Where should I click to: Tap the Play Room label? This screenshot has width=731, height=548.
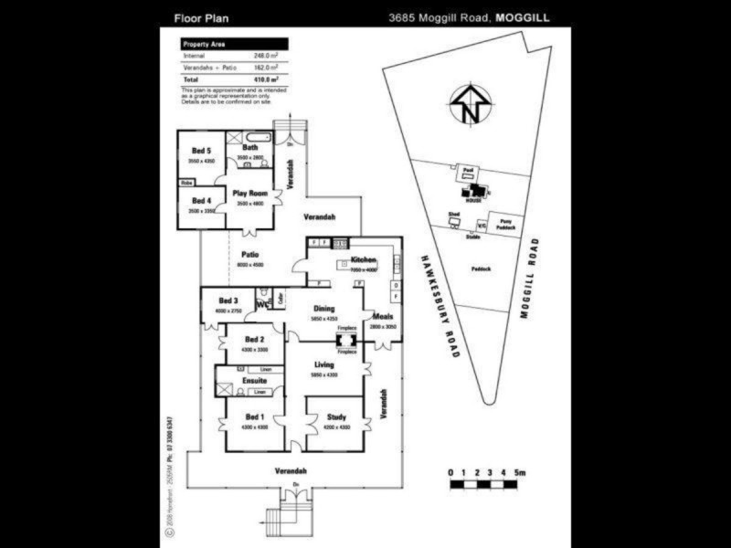coord(249,193)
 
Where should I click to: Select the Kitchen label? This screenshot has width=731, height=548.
coord(364,260)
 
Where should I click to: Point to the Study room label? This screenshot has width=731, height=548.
coord(336,417)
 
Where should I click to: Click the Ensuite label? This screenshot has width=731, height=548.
coord(255,380)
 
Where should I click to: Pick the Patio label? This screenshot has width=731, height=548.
coord(249,255)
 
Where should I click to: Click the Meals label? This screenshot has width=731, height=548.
coord(382,316)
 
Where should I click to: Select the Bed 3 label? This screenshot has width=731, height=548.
coord(228,300)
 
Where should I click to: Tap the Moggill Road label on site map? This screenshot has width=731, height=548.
coord(529,278)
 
